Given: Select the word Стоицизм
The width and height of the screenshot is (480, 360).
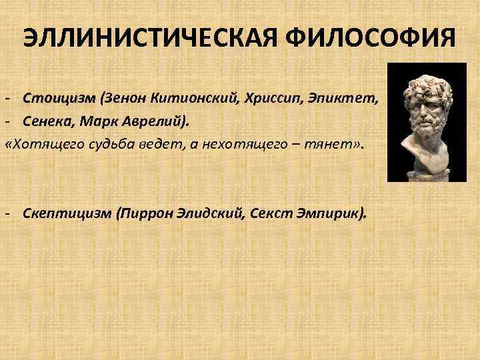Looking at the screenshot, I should [x=59, y=99].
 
